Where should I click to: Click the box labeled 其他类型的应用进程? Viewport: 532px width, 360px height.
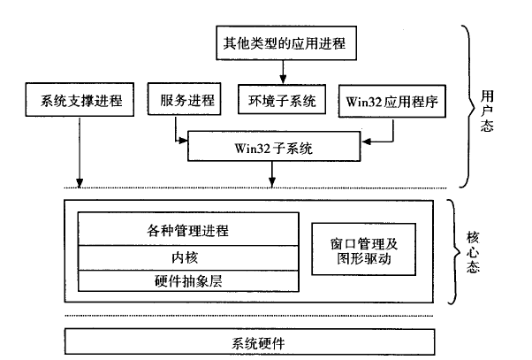pyautogui.click(x=286, y=42)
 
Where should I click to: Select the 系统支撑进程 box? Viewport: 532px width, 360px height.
pyautogui.click(x=80, y=100)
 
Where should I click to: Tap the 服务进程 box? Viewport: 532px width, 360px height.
pyautogui.click(x=184, y=99)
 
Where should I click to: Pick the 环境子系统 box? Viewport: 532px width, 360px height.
pyautogui.click(x=282, y=99)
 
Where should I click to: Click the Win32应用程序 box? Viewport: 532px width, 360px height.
pyautogui.click(x=392, y=101)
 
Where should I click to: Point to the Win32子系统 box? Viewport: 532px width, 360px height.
pyautogui.click(x=274, y=146)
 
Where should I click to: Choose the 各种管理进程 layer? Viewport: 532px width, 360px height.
pyautogui.click(x=188, y=229)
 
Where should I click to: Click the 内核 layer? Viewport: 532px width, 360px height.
pyautogui.click(x=188, y=258)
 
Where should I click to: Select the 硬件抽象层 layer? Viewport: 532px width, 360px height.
pyautogui.click(x=188, y=281)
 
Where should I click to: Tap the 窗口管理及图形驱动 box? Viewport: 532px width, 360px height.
pyautogui.click(x=364, y=249)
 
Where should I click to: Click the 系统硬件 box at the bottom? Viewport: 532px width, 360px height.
pyautogui.click(x=250, y=341)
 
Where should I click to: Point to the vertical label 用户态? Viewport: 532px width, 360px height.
pyautogui.click(x=487, y=111)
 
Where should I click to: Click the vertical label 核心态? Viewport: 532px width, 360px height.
pyautogui.click(x=473, y=252)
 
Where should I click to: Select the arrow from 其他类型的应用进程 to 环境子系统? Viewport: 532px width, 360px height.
pyautogui.click(x=283, y=73)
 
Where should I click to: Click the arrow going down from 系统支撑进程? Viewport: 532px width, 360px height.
pyautogui.click(x=80, y=152)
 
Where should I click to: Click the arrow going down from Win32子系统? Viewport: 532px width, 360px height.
pyautogui.click(x=272, y=174)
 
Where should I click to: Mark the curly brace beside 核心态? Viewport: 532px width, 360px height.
pyautogui.click(x=454, y=252)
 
